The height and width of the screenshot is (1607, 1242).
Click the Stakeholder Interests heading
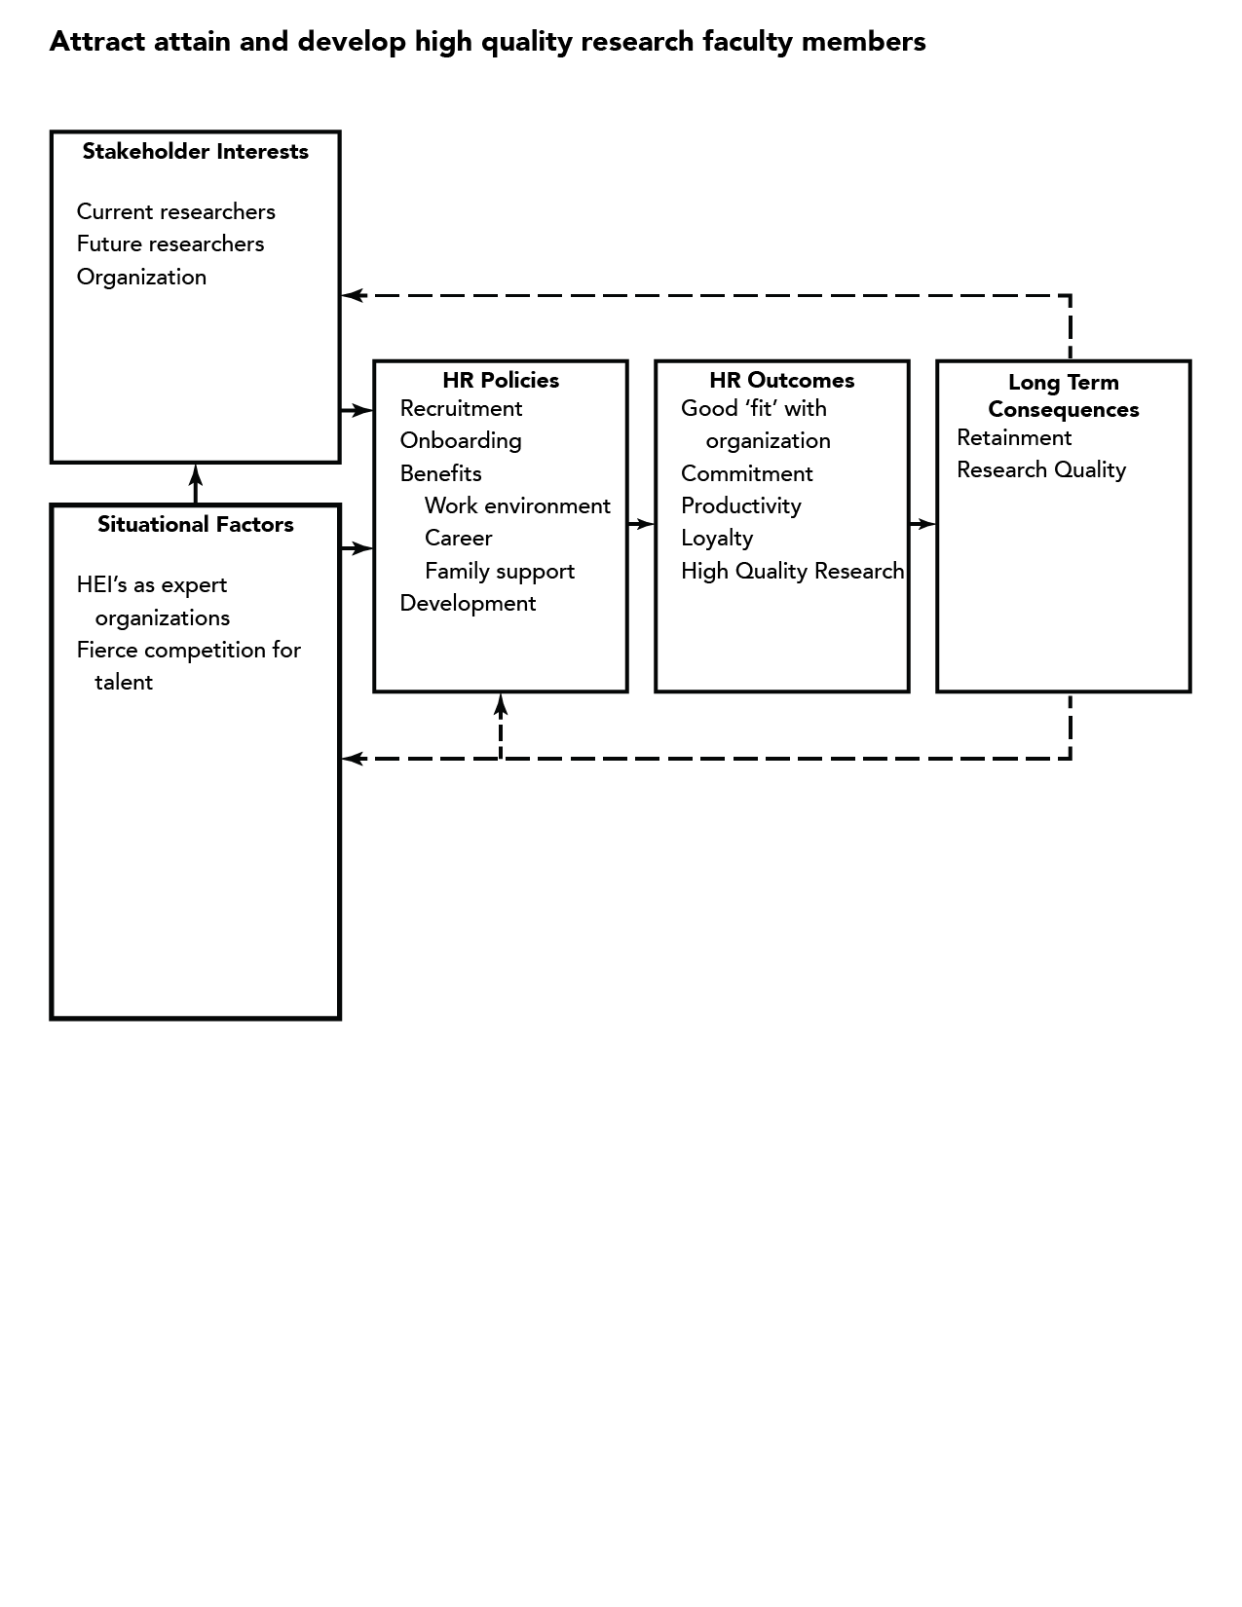tap(195, 152)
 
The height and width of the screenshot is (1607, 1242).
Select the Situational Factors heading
tap(195, 524)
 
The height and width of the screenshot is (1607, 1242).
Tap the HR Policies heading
tap(501, 380)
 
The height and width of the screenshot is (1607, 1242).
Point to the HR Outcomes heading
tap(782, 380)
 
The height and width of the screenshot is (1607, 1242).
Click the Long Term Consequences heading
tap(1063, 395)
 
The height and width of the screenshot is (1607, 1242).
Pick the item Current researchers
tap(176, 211)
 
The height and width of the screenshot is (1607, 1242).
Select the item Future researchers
tap(170, 244)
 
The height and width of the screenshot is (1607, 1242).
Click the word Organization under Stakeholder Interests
tap(141, 278)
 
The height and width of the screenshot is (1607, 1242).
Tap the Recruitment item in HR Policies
tap(461, 408)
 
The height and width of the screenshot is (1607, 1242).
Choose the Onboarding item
tap(461, 441)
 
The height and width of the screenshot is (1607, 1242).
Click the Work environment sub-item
tap(518, 505)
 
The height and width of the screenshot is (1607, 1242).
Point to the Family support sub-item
tap(500, 571)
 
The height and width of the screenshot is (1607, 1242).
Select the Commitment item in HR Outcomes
tap(746, 473)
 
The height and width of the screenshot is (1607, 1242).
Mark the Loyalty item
tap(717, 539)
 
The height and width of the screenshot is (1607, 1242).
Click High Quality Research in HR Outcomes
tap(792, 571)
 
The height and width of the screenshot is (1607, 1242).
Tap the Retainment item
tap(1013, 438)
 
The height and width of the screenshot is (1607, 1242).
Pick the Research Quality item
tap(1040, 470)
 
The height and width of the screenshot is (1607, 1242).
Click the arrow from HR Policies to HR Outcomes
tap(641, 524)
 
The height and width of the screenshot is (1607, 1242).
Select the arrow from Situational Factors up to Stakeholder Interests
tap(195, 484)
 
